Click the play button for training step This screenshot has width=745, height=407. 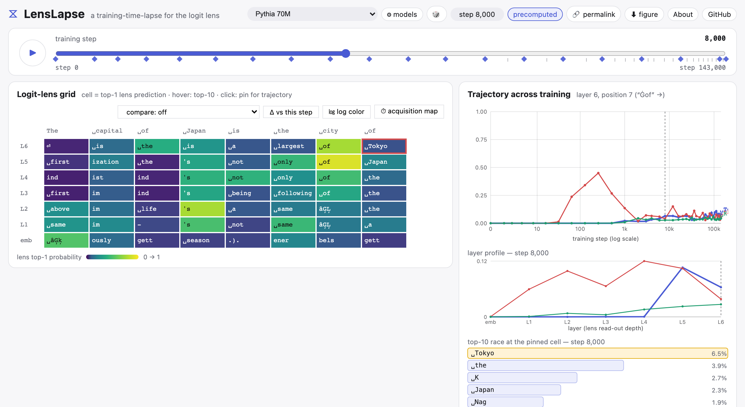(x=33, y=53)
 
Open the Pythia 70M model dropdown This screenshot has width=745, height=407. (x=312, y=14)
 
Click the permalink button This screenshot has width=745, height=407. (x=594, y=14)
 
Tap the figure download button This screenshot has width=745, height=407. (x=644, y=14)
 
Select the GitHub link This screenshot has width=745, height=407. (x=719, y=14)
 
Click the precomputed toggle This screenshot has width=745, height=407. (x=535, y=14)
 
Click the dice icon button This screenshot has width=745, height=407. (x=436, y=14)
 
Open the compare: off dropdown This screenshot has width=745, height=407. (x=189, y=112)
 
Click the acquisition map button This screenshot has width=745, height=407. (x=409, y=111)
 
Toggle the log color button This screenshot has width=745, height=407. (x=346, y=112)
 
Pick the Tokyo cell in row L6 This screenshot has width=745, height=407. (x=384, y=146)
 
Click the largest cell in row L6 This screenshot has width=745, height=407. (x=293, y=146)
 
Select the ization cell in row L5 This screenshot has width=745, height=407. (x=111, y=162)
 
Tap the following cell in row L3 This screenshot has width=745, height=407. (x=293, y=193)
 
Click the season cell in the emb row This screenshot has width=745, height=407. (x=202, y=240)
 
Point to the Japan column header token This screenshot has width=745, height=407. (x=194, y=131)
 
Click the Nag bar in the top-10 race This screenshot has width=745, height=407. (x=505, y=402)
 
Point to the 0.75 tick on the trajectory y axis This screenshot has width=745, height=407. (x=481, y=140)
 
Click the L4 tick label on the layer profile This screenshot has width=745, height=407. (x=644, y=322)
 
